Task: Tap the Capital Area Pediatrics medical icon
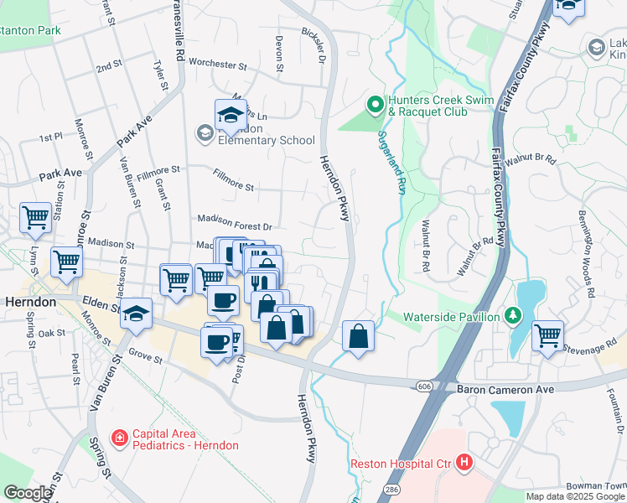coord(119,438)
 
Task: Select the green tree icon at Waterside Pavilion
coord(516,316)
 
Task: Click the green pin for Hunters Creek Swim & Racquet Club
coord(375,105)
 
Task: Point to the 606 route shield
coord(424,384)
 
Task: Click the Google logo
coord(27,493)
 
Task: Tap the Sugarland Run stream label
coord(391,163)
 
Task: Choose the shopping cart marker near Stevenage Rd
coord(547,335)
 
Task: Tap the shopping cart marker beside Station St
coord(36,218)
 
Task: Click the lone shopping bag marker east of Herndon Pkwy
coord(358,336)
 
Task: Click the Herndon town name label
coord(30,302)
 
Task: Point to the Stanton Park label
coord(31,30)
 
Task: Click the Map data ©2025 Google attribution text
coord(575,496)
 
